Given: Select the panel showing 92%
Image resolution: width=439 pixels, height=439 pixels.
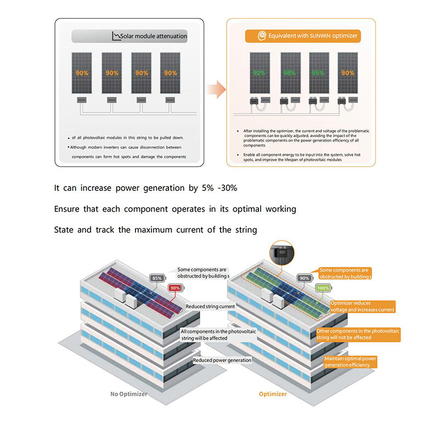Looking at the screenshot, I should pyautogui.click(x=259, y=72).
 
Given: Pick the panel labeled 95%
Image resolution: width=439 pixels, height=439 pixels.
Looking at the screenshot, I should pyautogui.click(x=318, y=72).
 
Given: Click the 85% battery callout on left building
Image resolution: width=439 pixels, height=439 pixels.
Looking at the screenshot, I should pyautogui.click(x=157, y=278).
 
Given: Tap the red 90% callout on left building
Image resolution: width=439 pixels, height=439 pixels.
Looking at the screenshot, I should pyautogui.click(x=175, y=288).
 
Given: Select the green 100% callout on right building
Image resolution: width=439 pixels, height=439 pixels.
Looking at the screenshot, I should pyautogui.click(x=323, y=288).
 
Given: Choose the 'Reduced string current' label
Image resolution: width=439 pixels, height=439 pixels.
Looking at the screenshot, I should pyautogui.click(x=210, y=306).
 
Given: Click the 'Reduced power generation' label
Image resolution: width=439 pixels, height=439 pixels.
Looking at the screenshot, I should pyautogui.click(x=222, y=360).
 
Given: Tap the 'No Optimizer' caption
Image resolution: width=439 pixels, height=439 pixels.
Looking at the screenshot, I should pyautogui.click(x=129, y=394).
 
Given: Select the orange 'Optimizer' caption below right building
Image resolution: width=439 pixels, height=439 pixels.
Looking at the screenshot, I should pyautogui.click(x=273, y=394).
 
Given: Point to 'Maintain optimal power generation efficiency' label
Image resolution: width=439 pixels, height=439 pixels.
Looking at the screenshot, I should pyautogui.click(x=351, y=362).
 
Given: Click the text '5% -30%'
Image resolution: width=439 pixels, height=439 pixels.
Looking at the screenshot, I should pyautogui.click(x=219, y=188).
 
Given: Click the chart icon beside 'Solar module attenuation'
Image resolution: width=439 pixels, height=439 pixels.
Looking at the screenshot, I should pyautogui.click(x=116, y=36).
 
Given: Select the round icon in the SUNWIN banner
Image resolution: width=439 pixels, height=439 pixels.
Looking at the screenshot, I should pyautogui.click(x=262, y=36).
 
